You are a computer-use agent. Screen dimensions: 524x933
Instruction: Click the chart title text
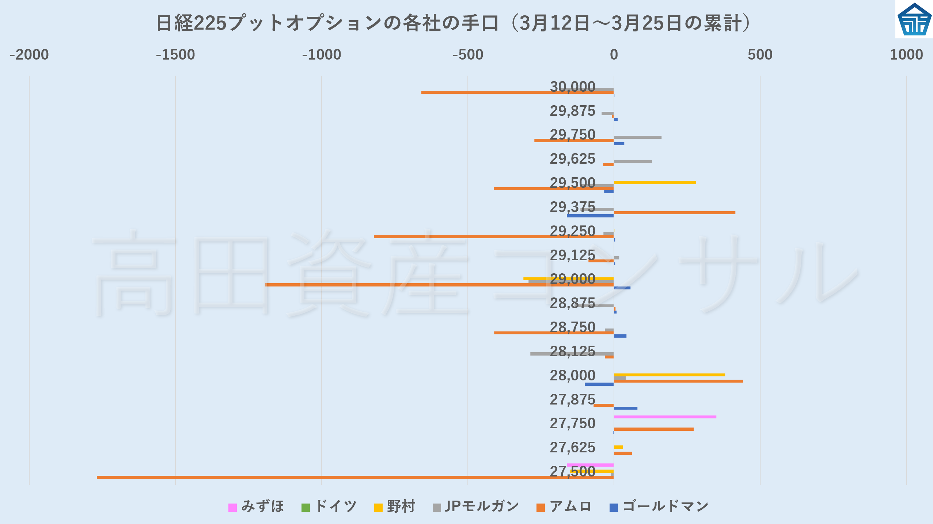point(453,23)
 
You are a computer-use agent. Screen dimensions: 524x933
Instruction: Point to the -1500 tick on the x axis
point(175,55)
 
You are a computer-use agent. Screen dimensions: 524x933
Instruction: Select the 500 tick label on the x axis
point(760,55)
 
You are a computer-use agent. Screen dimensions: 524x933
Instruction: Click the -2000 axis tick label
point(29,55)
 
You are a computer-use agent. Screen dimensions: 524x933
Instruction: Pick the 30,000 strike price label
point(572,87)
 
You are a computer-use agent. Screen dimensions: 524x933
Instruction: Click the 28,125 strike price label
point(572,351)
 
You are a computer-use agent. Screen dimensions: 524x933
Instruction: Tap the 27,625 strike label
point(572,447)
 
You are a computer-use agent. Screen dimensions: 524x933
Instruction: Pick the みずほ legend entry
point(256,506)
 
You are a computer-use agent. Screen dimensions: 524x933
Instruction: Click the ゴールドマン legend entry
point(659,506)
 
